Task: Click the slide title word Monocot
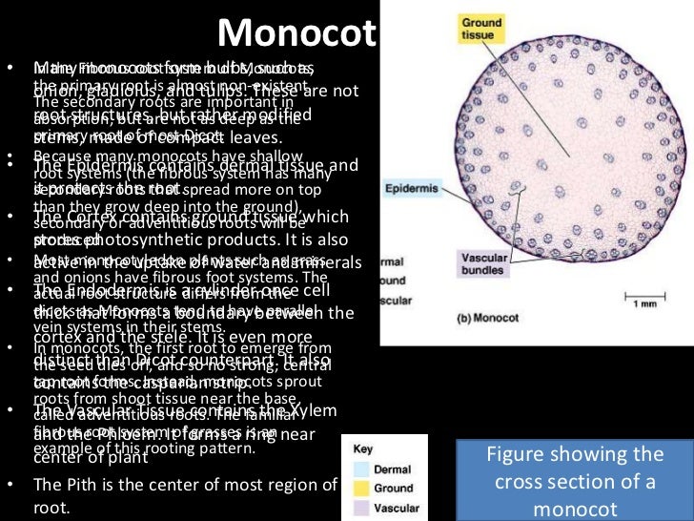tap(296, 34)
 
